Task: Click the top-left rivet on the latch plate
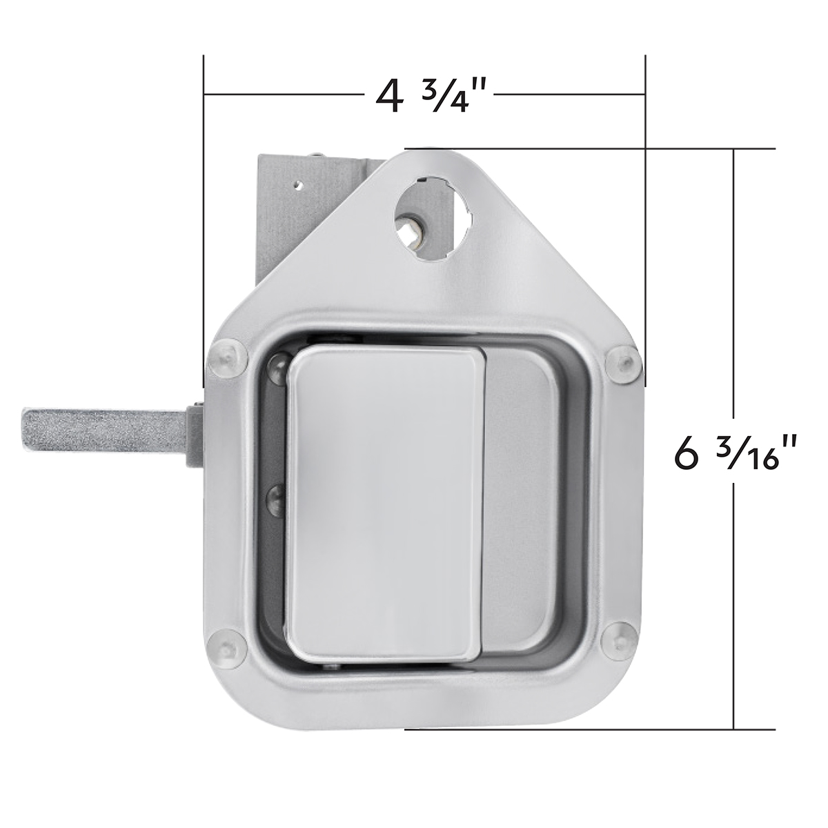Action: pyautogui.click(x=226, y=357)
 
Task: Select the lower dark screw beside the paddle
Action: pyautogui.click(x=277, y=493)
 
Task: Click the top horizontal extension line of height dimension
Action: pyautogui.click(x=586, y=148)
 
